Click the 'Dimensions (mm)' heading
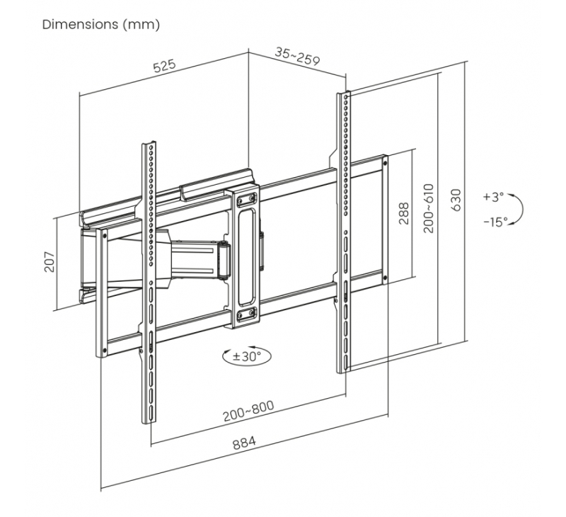[x=101, y=25]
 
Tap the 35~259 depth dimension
[x=297, y=57]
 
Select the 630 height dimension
[x=456, y=201]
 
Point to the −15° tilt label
[x=495, y=222]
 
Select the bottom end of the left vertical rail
[x=150, y=419]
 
